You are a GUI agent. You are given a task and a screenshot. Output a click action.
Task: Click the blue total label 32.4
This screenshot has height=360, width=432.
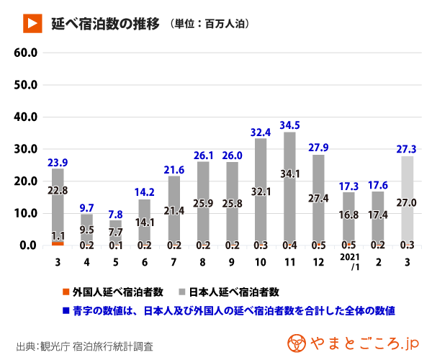[x=261, y=132]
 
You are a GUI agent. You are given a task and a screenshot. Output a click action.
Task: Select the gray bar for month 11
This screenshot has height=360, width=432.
[x=289, y=187]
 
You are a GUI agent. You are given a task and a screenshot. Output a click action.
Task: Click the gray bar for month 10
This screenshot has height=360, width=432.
[x=261, y=191]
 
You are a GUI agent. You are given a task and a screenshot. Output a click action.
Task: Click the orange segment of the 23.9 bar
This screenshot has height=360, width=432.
[x=58, y=243]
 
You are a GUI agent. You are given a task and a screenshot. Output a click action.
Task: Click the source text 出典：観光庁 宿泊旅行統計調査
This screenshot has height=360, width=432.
[x=84, y=346]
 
